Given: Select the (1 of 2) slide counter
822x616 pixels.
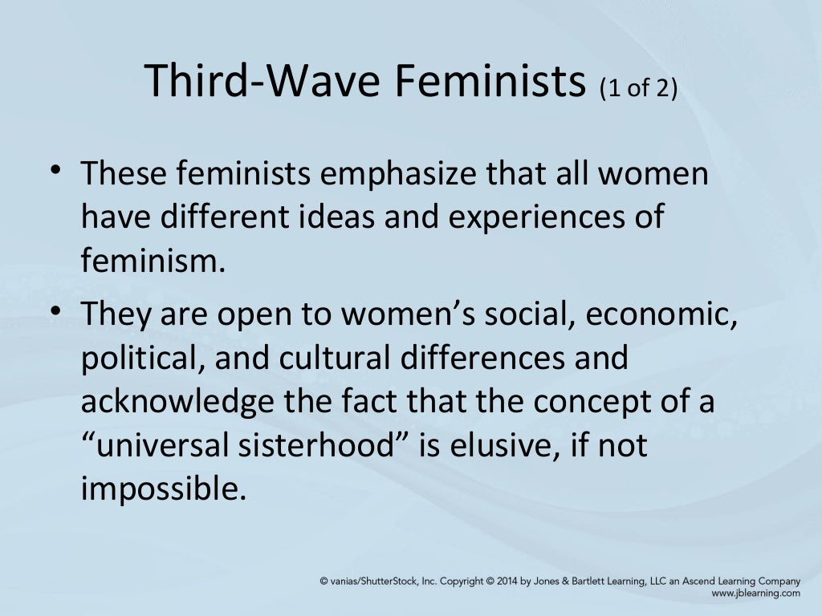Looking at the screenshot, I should [x=639, y=87].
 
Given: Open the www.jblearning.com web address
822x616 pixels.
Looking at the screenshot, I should [x=756, y=594].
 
